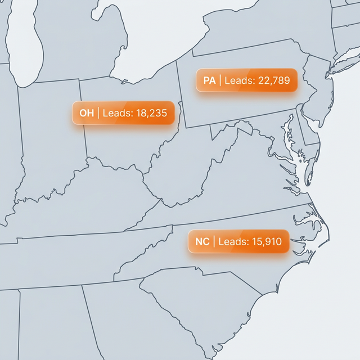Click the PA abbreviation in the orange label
[209, 81]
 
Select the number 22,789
[273, 81]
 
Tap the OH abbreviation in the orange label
[86, 114]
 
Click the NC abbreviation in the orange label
[202, 242]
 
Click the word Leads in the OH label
[118, 114]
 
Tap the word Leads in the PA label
[240, 81]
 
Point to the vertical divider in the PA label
[220, 81]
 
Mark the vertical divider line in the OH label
[98, 114]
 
